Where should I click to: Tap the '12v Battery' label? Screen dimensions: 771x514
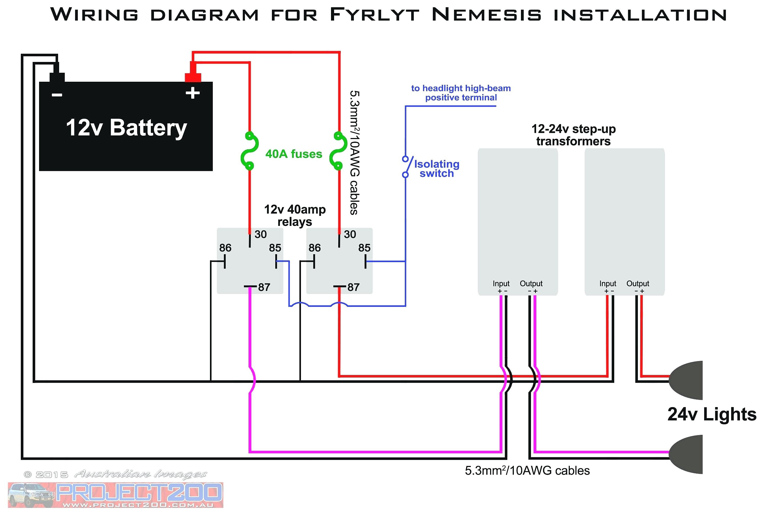126,127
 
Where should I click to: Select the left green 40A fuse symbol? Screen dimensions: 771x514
250,151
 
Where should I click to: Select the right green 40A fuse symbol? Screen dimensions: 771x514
339,151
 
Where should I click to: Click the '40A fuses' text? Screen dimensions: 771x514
294,154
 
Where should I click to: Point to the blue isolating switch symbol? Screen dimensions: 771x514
407,167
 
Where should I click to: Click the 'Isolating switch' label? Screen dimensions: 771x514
437,169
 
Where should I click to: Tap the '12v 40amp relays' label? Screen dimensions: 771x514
295,215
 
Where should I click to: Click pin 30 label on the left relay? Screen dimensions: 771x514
261,234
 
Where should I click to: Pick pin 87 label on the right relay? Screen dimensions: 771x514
353,287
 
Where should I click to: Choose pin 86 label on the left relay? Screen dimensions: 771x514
225,248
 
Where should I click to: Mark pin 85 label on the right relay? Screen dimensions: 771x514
364,248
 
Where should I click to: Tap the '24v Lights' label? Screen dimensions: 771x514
712,414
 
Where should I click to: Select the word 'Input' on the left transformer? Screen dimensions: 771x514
501,283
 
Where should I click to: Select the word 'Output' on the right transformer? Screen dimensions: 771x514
638,283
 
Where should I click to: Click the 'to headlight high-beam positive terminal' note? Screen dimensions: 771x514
461,93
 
